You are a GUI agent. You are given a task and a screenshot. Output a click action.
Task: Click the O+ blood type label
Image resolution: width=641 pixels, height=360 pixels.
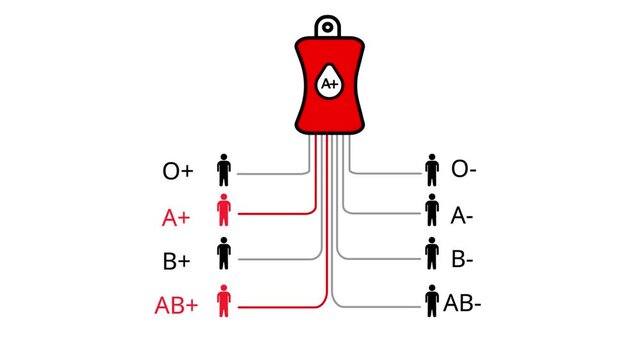click(x=178, y=171)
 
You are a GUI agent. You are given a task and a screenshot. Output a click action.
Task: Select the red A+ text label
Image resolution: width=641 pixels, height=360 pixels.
click(x=177, y=215)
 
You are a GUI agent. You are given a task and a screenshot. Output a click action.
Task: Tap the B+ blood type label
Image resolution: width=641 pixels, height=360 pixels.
click(x=177, y=261)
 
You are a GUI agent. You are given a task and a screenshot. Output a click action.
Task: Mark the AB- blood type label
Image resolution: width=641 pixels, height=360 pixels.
click(x=463, y=302)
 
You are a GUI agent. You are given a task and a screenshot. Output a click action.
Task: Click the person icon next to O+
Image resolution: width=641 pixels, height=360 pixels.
click(x=224, y=170)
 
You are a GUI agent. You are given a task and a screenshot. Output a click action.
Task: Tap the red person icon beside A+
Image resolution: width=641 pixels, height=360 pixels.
click(x=224, y=213)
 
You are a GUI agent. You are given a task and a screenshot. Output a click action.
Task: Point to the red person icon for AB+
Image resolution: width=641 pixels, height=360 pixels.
click(x=224, y=301)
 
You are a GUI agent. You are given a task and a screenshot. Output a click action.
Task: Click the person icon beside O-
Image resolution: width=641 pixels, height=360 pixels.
click(x=432, y=170)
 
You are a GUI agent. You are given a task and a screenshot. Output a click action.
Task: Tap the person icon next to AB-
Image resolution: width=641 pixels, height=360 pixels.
click(x=432, y=300)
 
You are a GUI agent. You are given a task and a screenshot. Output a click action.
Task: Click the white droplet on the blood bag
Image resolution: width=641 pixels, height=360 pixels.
click(x=329, y=83)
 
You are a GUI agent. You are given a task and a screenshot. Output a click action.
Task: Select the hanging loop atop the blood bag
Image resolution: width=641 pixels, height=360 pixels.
click(x=328, y=26)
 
